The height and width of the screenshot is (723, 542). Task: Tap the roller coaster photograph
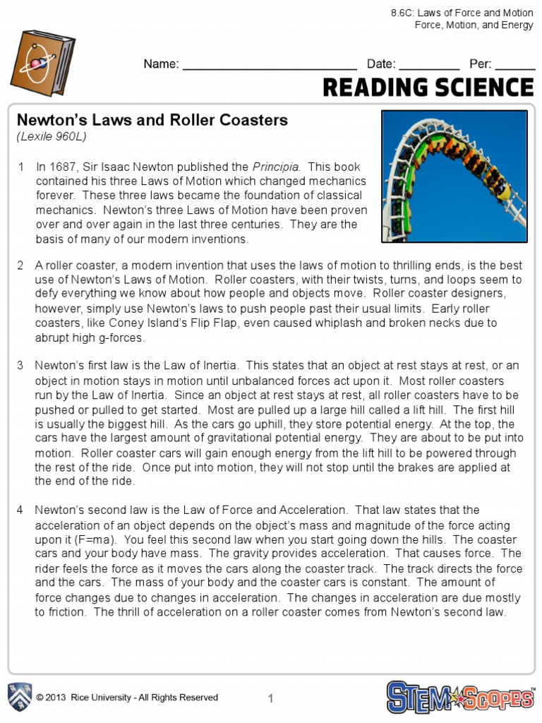point(454,177)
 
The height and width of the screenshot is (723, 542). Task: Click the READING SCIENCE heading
point(428,88)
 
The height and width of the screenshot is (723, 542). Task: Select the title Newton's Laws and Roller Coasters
point(152,120)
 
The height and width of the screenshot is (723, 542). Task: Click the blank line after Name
point(269,65)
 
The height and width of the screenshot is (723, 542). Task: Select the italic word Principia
point(276,167)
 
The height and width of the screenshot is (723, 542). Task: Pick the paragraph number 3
point(20,366)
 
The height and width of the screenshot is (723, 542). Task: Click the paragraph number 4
point(20,510)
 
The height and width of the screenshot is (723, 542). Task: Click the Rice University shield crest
point(19,697)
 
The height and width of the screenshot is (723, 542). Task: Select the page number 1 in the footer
point(270,698)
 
